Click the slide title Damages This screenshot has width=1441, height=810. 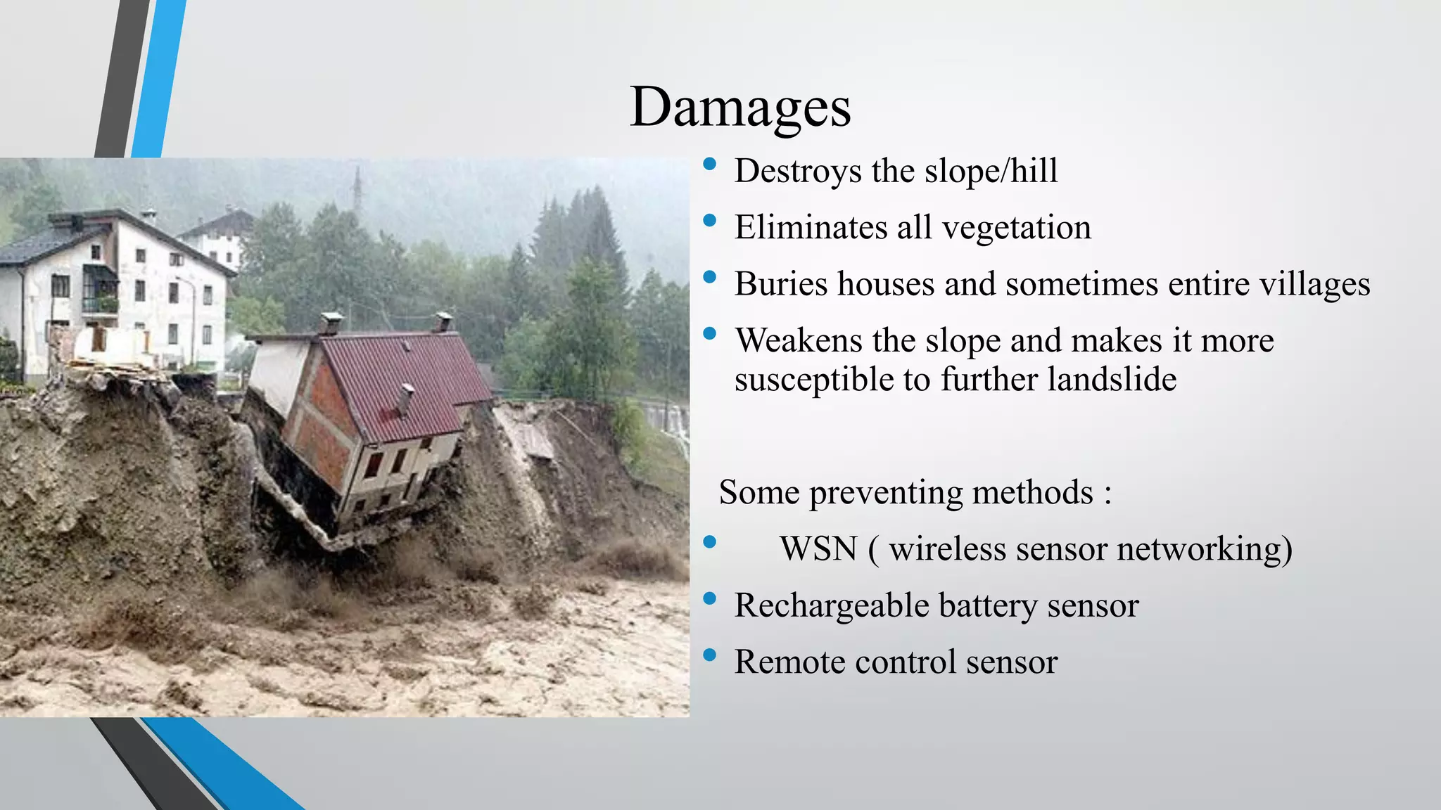(x=740, y=107)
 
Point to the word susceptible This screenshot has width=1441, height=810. (x=816, y=380)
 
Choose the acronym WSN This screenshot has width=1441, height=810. (x=818, y=548)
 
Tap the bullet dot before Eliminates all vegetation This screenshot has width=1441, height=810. (x=709, y=221)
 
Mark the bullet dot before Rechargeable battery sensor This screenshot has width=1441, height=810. (x=709, y=599)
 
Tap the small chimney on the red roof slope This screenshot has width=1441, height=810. (x=405, y=398)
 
